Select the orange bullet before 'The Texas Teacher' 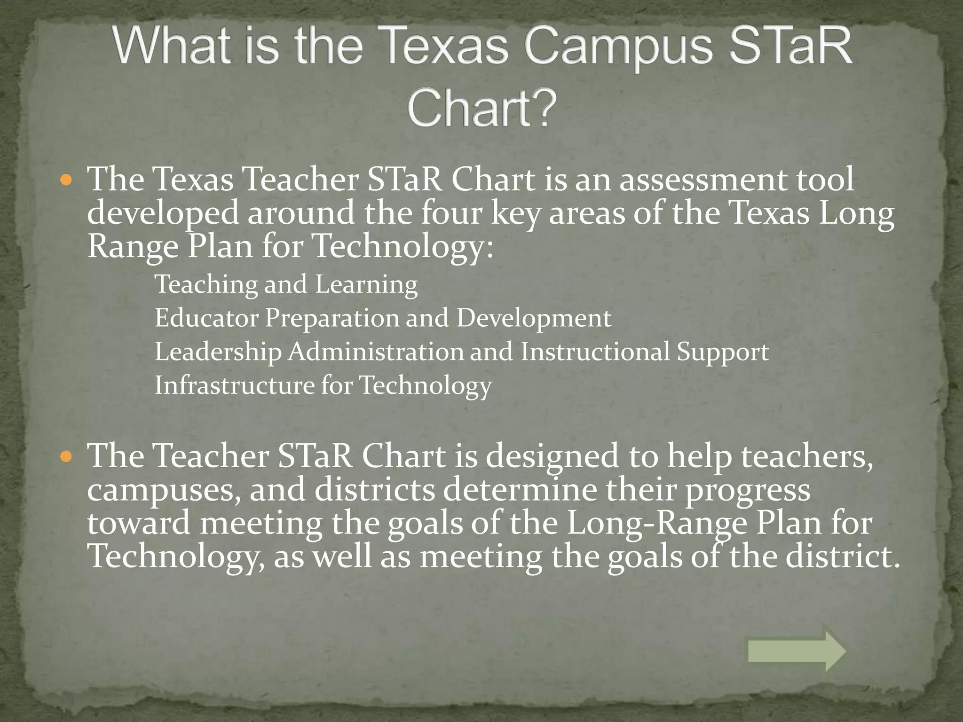[67, 180]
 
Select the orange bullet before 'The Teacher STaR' [67, 456]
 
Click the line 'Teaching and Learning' [286, 284]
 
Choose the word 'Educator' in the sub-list [206, 318]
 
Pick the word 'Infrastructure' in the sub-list [234, 385]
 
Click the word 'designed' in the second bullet [552, 456]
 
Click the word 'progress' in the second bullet [748, 490]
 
